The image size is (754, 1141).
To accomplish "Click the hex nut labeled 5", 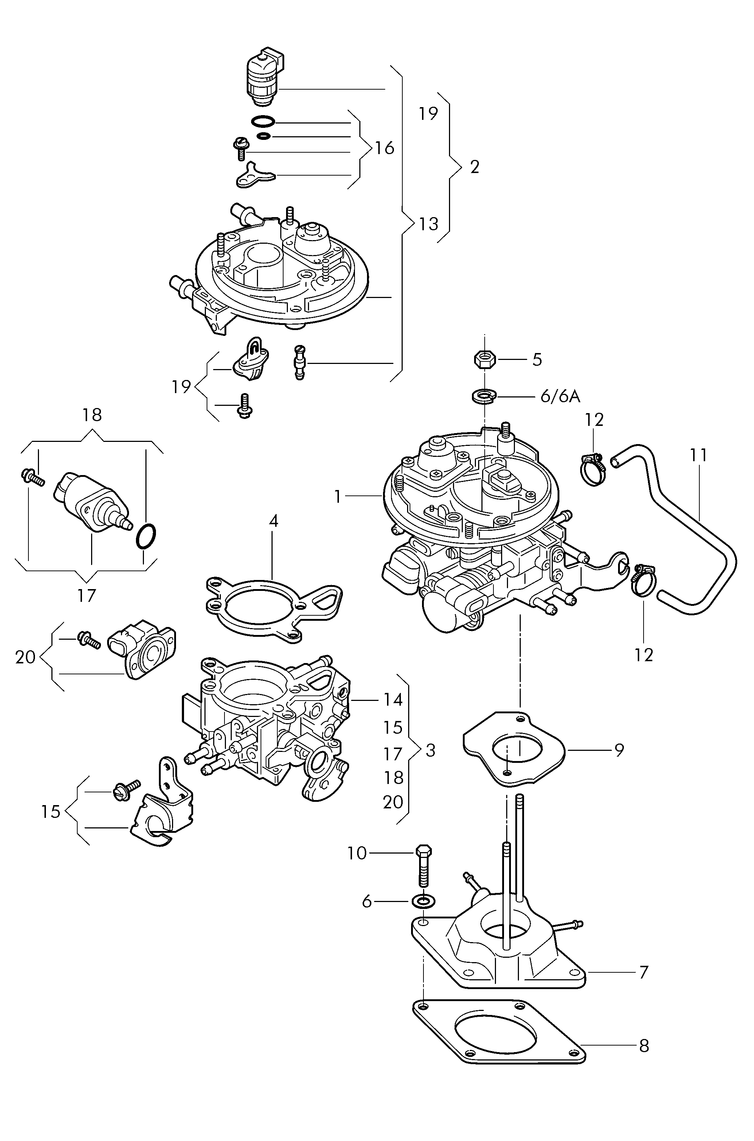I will tap(484, 359).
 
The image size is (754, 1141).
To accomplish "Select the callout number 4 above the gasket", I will tap(273, 521).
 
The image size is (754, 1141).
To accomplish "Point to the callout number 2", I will tap(474, 167).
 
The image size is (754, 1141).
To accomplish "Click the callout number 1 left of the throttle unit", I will tap(337, 497).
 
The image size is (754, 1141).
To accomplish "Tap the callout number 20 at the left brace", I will tap(25, 656).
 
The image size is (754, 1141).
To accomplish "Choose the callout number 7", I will tap(644, 972).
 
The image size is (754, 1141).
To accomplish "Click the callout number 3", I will tap(430, 750).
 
